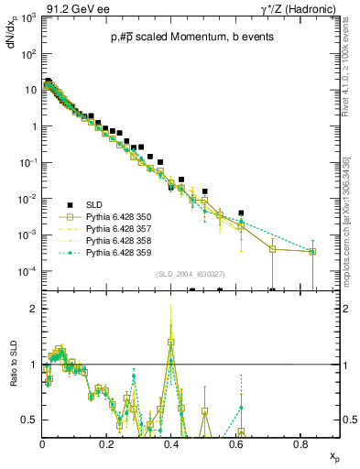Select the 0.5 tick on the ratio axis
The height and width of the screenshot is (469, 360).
pos(34,420)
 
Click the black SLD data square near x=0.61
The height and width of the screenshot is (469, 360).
pos(241,213)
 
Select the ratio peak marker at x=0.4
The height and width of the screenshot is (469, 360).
pos(171,343)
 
